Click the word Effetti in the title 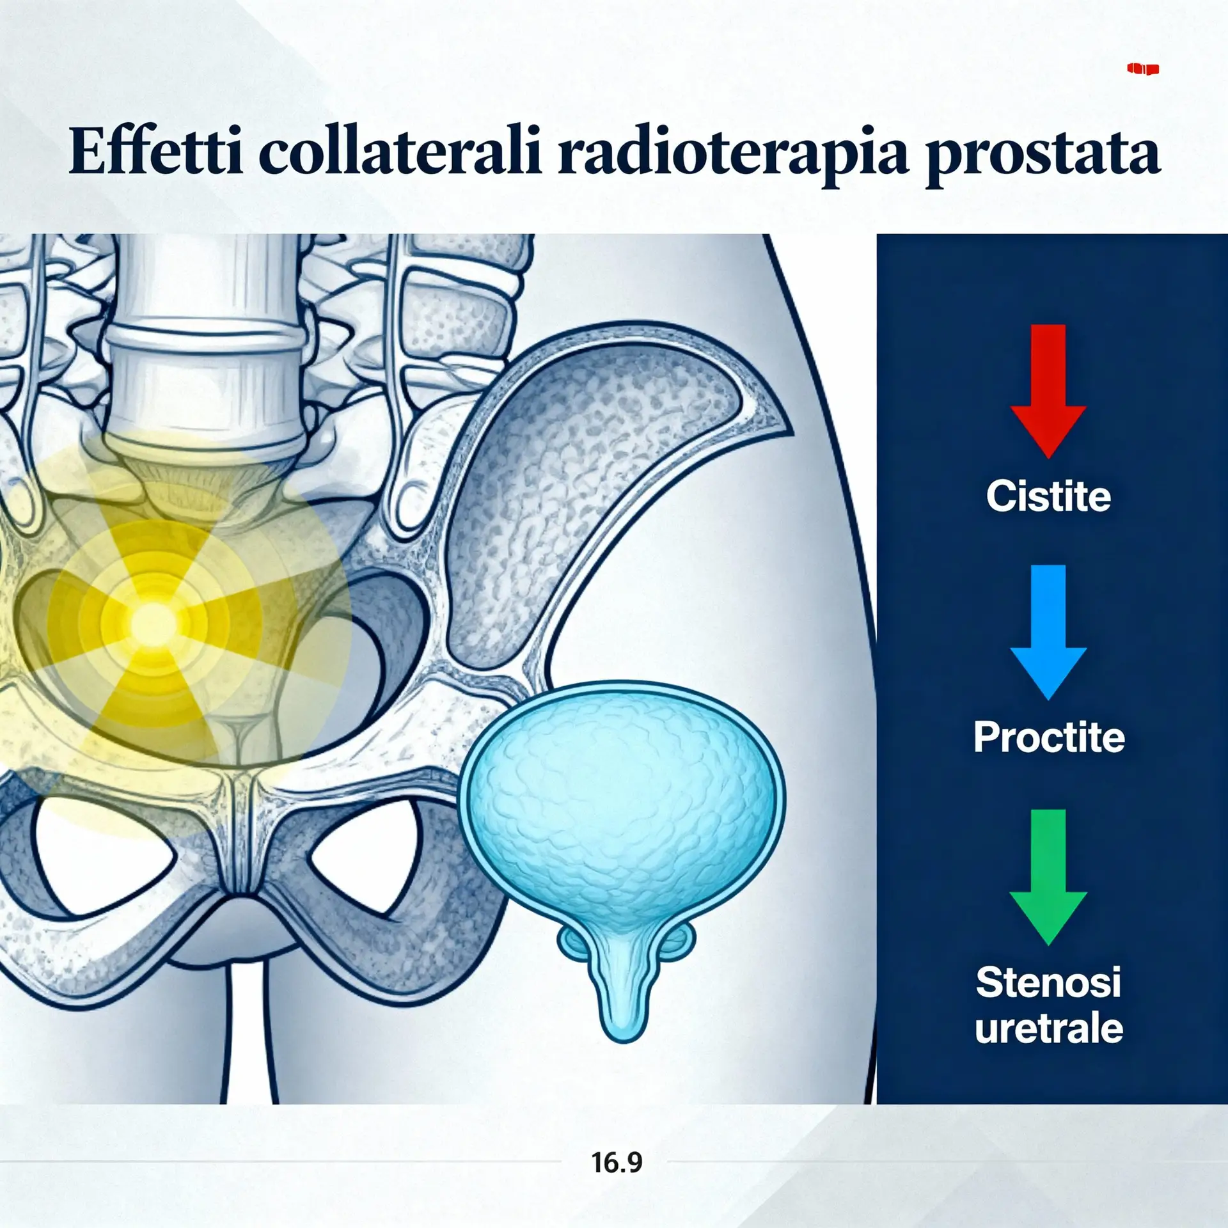(x=155, y=152)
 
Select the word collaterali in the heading (x=400, y=152)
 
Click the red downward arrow (x=1048, y=391)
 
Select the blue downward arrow (x=1048, y=632)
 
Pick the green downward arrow (x=1048, y=877)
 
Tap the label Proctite (x=1049, y=737)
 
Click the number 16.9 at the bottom (x=617, y=1162)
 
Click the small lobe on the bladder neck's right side (x=679, y=941)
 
